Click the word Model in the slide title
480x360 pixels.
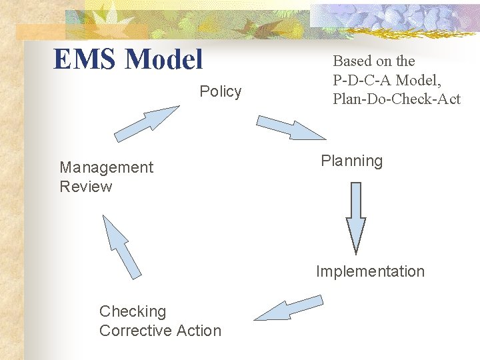click(x=164, y=59)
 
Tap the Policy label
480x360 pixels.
click(x=221, y=91)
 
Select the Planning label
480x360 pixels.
click(x=351, y=161)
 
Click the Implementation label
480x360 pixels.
click(x=370, y=271)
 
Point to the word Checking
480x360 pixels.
click(x=133, y=311)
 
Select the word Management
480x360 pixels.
click(x=106, y=167)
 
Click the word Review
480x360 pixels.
click(x=86, y=187)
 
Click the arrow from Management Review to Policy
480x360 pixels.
click(x=146, y=123)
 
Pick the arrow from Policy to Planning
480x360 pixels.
click(x=291, y=127)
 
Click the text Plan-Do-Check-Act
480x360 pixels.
click(x=397, y=99)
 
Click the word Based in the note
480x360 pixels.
click(x=352, y=61)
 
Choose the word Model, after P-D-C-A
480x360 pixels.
click(x=417, y=80)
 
